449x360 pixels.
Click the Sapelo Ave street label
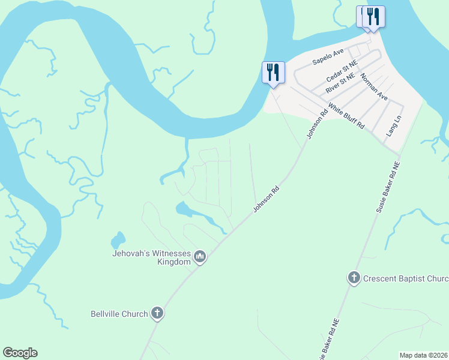point(327,62)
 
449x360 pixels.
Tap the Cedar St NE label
point(342,72)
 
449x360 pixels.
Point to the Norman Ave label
point(374,86)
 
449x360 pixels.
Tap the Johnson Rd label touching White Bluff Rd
point(316,124)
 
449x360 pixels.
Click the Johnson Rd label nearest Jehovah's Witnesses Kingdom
point(267,198)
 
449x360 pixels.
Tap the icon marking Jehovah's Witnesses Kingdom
point(200,257)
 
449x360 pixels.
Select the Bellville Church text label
point(119,313)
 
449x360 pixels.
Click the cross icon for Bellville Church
point(157,313)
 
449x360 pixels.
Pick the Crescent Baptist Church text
point(406,278)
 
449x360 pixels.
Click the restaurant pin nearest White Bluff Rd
point(273,73)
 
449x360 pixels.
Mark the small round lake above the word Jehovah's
point(118,241)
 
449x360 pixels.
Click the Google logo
point(20,353)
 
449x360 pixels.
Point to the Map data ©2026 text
point(423,355)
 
